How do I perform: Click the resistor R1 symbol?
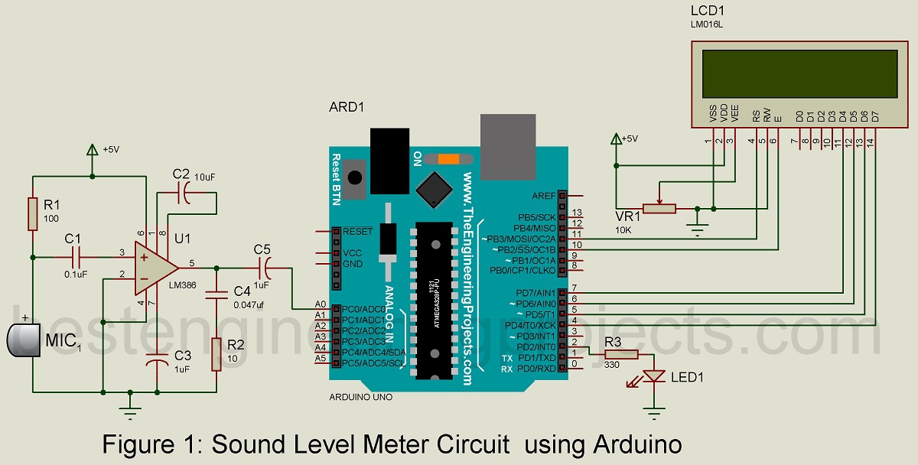(x=33, y=213)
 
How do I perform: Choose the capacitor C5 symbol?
(x=265, y=268)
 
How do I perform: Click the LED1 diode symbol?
(x=653, y=376)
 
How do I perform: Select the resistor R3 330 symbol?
(x=620, y=354)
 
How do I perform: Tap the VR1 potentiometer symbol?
(x=659, y=208)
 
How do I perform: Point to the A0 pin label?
(x=321, y=304)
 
